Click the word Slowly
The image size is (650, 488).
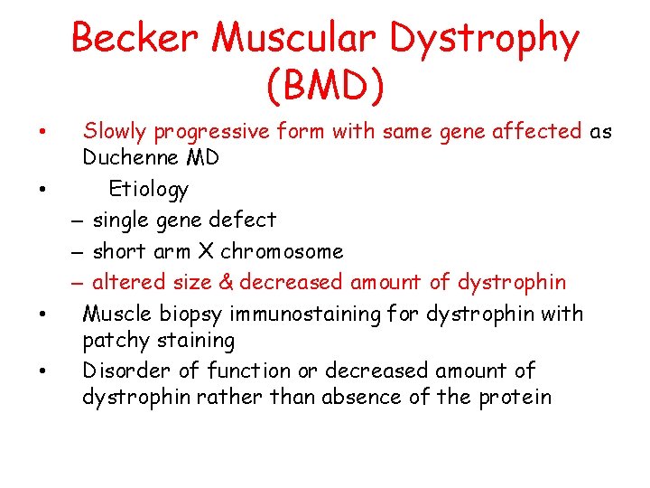coord(115,132)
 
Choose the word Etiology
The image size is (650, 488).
coord(149,189)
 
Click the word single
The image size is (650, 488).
coord(122,220)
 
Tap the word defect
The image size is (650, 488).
coord(246,219)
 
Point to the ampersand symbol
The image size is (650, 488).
coord(225,282)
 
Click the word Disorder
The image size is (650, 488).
coord(121,371)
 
